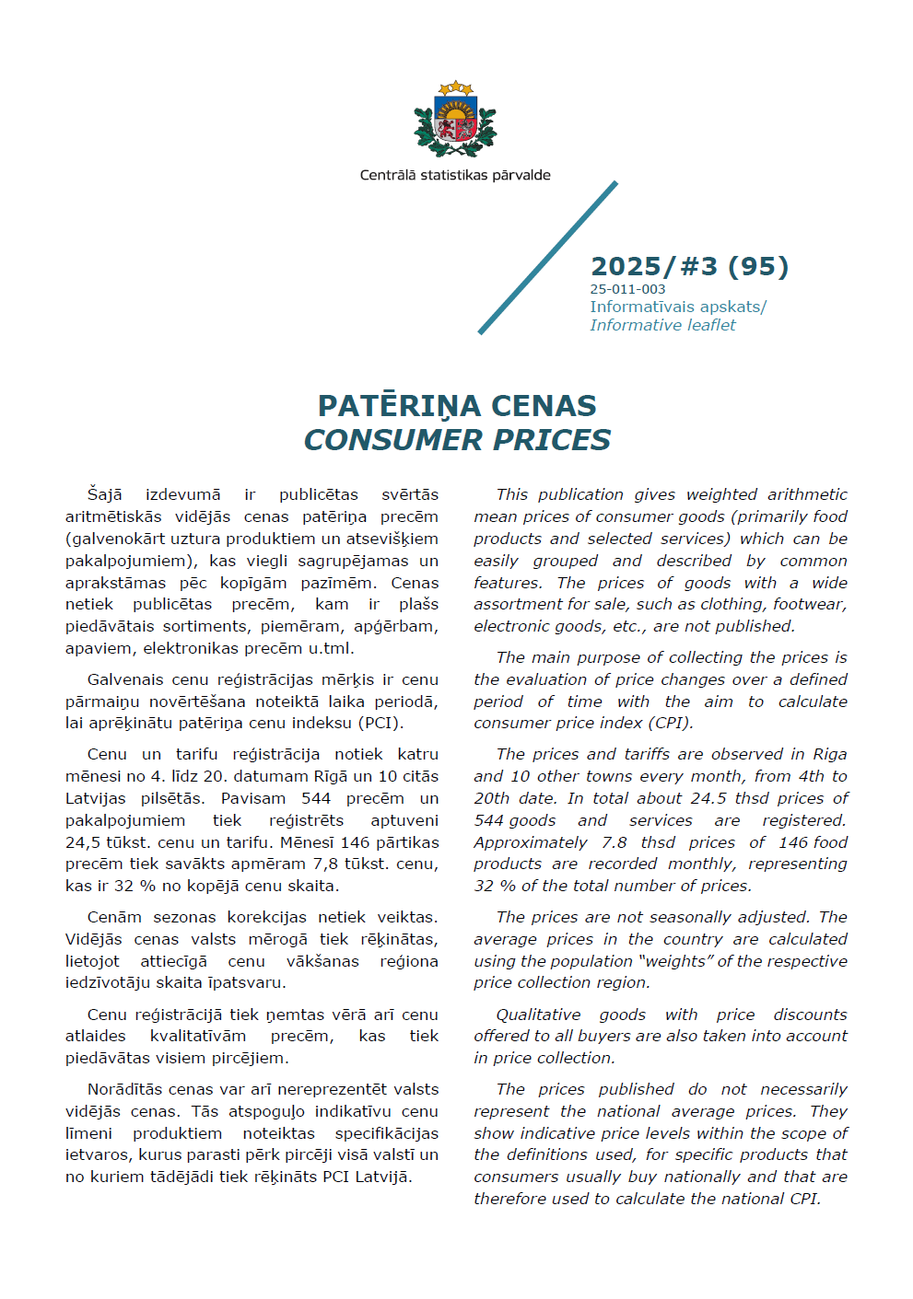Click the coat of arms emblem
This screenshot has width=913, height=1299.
pyautogui.click(x=455, y=120)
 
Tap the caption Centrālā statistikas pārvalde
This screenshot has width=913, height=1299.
pyautogui.click(x=455, y=175)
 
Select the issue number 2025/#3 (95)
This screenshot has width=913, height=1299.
pyautogui.click(x=689, y=266)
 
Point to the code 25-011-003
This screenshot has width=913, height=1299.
pyautogui.click(x=627, y=289)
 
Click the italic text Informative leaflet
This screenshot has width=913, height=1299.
pyautogui.click(x=662, y=325)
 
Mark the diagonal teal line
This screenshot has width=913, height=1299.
pyautogui.click(x=547, y=258)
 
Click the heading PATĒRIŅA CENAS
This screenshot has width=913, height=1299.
pyautogui.click(x=457, y=405)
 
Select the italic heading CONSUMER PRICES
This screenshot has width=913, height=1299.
pyautogui.click(x=457, y=440)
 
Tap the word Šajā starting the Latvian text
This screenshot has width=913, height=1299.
pyautogui.click(x=104, y=494)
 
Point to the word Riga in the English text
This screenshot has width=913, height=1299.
pyautogui.click(x=829, y=754)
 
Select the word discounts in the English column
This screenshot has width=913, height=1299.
pyautogui.click(x=810, y=1015)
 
